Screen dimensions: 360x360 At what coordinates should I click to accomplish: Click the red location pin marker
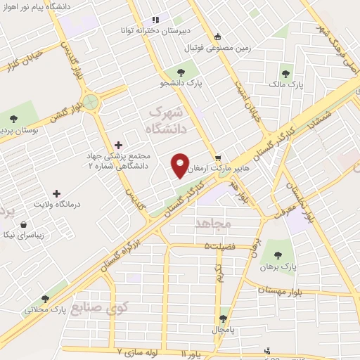181,166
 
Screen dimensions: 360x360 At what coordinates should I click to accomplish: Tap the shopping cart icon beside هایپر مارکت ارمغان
219,157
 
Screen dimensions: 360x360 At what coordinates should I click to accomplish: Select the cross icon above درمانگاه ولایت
57,193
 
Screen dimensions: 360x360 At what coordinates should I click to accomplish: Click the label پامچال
224,329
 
